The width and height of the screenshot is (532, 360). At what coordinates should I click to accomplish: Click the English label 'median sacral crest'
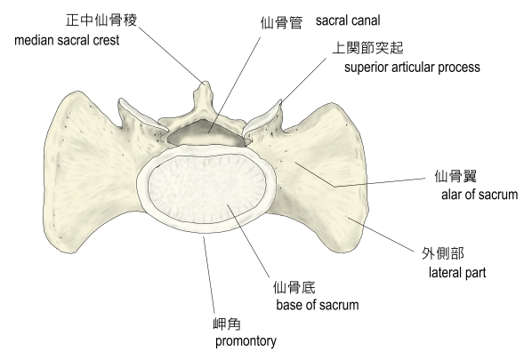click(67, 40)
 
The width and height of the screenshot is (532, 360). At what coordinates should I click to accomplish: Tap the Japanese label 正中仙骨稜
click(101, 20)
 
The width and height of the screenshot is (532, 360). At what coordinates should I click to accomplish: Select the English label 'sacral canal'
click(348, 20)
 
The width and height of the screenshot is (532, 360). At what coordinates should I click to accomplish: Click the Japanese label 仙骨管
click(281, 23)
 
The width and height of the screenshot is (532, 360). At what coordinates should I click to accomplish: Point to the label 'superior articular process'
click(412, 68)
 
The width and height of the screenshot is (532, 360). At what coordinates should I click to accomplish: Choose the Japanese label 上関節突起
click(367, 48)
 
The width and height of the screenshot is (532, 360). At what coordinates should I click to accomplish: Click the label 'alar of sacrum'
click(480, 195)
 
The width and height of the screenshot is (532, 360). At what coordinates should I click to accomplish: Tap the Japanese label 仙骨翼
click(455, 176)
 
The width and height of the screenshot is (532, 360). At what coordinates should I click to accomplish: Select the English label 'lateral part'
click(457, 273)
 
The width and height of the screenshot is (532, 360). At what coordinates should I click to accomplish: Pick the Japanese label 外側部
click(443, 253)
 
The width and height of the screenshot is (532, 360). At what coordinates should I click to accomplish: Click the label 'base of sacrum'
click(318, 305)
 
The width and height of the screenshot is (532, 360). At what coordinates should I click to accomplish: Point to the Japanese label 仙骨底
click(294, 287)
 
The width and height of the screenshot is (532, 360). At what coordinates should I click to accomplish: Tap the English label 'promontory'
click(246, 341)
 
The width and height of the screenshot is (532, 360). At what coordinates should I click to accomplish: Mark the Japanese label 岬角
click(227, 324)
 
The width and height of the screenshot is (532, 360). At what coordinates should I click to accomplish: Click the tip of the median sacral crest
click(205, 82)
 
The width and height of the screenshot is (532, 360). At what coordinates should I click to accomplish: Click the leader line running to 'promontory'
click(209, 276)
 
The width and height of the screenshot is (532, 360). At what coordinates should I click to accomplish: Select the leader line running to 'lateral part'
click(380, 235)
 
